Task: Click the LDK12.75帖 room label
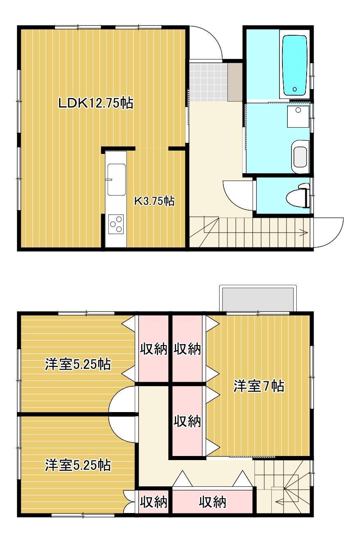click(x=95, y=103)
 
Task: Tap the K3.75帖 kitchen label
click(x=155, y=201)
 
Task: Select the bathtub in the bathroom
click(x=294, y=64)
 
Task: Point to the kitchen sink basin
click(x=117, y=179)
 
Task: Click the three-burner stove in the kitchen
click(x=116, y=224)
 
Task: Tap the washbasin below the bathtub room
click(x=300, y=156)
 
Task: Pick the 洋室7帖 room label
click(x=259, y=386)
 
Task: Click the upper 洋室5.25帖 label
click(x=78, y=364)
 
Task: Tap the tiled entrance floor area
click(x=208, y=81)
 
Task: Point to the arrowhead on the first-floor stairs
click(x=305, y=233)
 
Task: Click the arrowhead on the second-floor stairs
click(x=275, y=501)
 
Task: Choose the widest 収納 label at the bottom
click(x=212, y=502)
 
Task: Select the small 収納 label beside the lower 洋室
click(x=154, y=502)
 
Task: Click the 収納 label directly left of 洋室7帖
click(x=187, y=421)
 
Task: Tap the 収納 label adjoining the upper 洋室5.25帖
click(x=154, y=349)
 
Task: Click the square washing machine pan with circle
click(x=298, y=116)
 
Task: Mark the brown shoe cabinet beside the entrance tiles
click(x=236, y=82)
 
